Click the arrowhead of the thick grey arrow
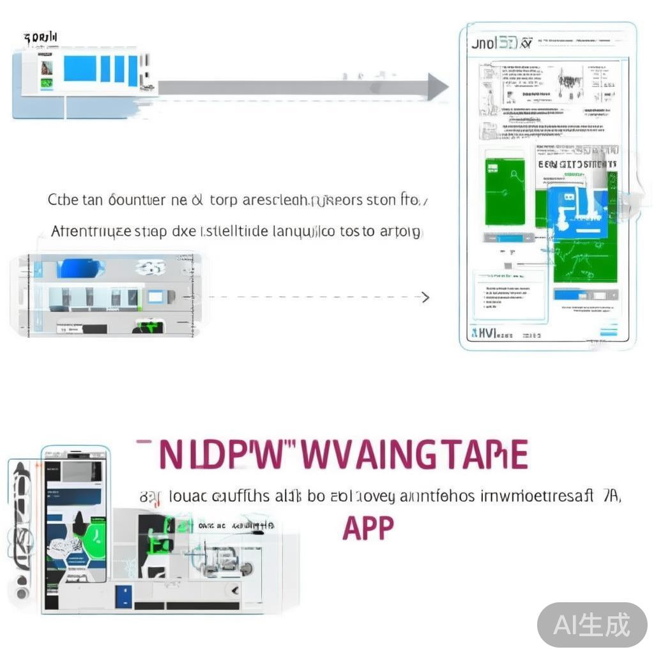tap(438, 87)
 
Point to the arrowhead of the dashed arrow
tap(425, 297)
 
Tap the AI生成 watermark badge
tap(591, 625)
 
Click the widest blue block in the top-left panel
tap(80, 68)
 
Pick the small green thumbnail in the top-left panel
tap(46, 83)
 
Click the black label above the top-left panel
tap(40, 38)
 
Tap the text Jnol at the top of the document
tap(484, 45)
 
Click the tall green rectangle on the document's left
tap(505, 192)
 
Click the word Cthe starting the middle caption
tap(63, 200)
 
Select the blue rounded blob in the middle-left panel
tap(80, 268)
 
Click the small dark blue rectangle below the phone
tap(124, 596)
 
